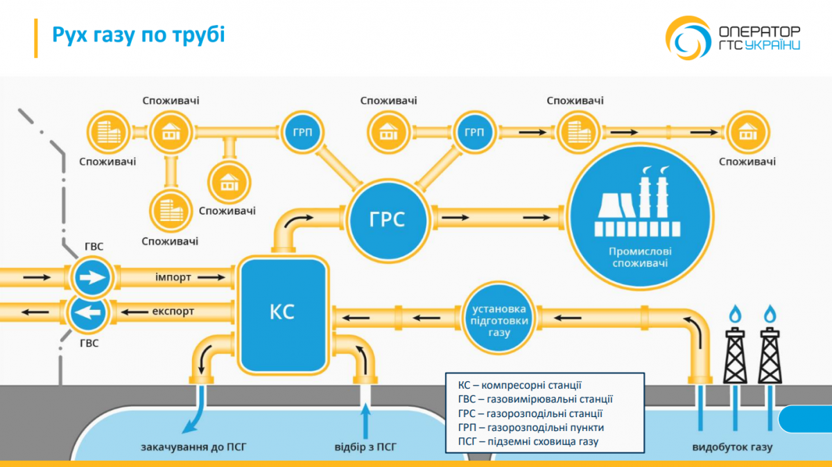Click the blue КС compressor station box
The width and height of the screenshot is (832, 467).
click(x=282, y=312)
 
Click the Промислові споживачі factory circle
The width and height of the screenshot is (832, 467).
click(x=639, y=217)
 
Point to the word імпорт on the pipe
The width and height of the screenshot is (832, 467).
click(x=174, y=276)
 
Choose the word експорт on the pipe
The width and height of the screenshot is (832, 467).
click(x=173, y=311)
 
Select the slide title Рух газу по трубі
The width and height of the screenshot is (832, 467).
click(x=139, y=35)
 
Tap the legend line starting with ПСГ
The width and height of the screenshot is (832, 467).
click(x=528, y=441)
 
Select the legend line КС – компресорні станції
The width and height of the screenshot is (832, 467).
click(x=519, y=385)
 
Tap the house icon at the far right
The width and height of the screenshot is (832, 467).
click(x=747, y=131)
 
